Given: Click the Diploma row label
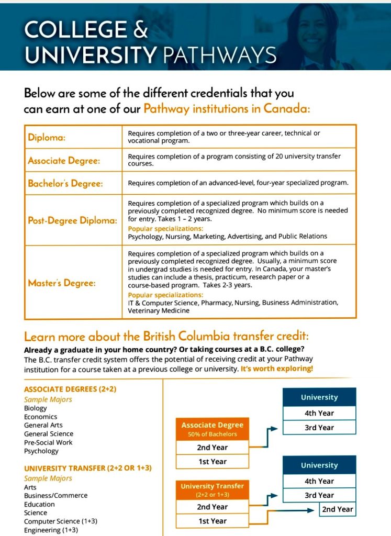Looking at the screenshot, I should click(47, 138).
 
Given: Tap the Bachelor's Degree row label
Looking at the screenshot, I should click(65, 184).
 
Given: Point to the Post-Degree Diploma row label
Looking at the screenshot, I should click(72, 220).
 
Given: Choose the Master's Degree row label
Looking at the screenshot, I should click(62, 283).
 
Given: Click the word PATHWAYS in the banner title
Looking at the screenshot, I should click(219, 54).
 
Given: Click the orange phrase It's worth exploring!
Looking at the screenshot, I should click(277, 369).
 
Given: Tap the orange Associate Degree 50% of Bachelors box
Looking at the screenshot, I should click(212, 429).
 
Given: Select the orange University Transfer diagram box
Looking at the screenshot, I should click(212, 490).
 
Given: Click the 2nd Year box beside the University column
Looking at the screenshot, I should click(338, 509).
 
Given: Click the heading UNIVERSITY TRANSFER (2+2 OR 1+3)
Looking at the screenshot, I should click(87, 467).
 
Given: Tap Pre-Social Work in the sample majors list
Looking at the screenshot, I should click(48, 442).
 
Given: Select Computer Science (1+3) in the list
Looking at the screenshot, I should click(60, 521).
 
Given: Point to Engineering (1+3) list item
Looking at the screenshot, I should click(51, 530).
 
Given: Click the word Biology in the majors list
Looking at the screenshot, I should click(36, 408).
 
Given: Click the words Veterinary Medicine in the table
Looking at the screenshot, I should click(159, 311).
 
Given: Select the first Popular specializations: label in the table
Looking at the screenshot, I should click(165, 229).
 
